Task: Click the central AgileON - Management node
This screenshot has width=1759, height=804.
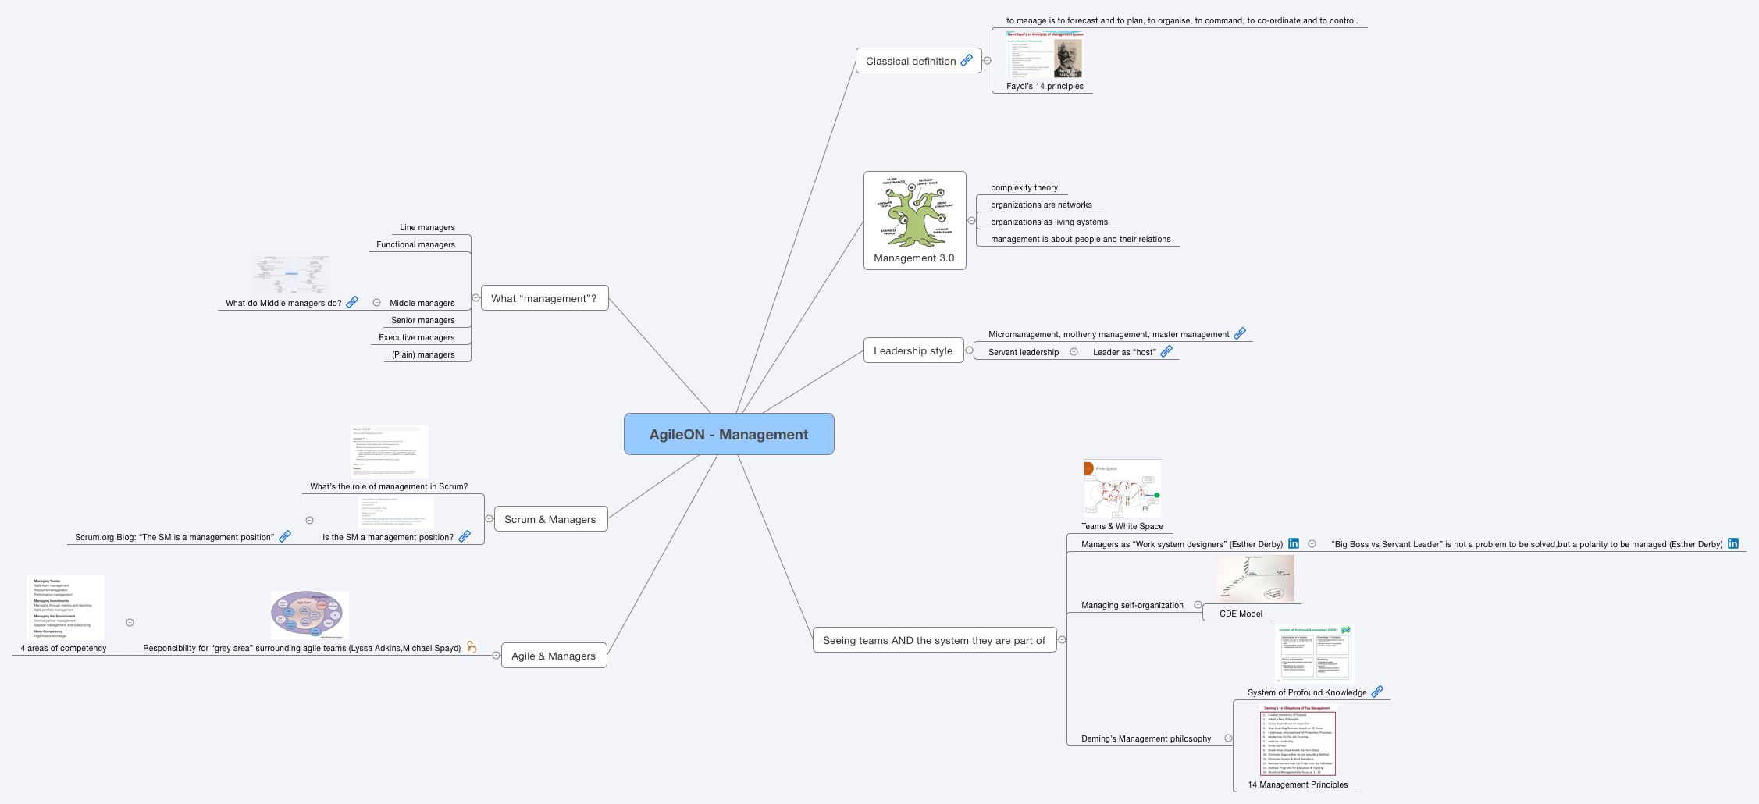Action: [728, 434]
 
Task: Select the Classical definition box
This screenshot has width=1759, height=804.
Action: [910, 61]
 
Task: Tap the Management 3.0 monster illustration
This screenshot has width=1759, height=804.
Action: [914, 211]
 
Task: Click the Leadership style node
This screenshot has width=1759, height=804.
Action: [913, 350]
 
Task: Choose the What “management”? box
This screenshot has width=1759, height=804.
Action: [543, 298]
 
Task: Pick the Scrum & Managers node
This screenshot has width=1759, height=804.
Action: [550, 519]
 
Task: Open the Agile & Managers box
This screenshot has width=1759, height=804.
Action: [553, 656]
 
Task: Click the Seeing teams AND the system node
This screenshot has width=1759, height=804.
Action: [934, 640]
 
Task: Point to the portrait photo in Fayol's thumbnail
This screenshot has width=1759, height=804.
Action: [1068, 59]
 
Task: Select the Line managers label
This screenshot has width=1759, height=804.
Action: [427, 227]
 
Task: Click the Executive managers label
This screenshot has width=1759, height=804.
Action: [416, 337]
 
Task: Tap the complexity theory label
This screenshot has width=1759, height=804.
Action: [1024, 187]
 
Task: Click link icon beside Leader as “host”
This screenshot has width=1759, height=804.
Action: [1166, 351]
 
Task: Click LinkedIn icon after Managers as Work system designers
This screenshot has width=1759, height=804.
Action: [1294, 543]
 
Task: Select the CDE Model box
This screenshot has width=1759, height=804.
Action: [1241, 614]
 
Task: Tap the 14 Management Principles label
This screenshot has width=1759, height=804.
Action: [1298, 784]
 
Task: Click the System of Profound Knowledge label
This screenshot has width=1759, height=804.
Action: [1307, 692]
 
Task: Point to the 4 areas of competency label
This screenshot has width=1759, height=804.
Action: [63, 648]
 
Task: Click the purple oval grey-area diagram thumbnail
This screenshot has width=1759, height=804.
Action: [309, 614]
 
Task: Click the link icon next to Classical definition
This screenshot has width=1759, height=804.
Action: [967, 60]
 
